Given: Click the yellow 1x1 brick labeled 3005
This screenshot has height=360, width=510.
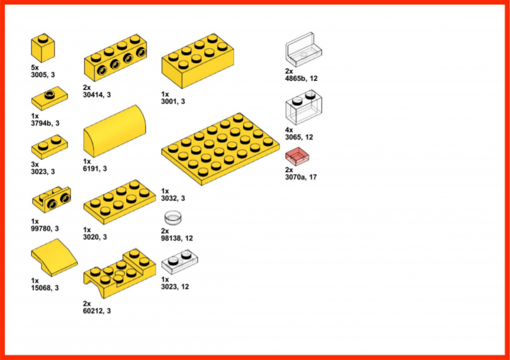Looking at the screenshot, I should [43, 48].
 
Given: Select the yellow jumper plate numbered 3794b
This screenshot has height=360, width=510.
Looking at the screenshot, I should [49, 100].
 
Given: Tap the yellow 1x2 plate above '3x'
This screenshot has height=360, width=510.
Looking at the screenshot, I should [49, 148].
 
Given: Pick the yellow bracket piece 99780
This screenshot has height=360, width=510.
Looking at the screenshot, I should [51, 200].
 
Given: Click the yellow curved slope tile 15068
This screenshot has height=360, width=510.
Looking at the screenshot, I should [54, 259].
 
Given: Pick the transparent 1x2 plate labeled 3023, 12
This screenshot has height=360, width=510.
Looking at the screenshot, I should [180, 261].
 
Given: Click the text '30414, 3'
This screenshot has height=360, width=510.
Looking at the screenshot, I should [97, 94].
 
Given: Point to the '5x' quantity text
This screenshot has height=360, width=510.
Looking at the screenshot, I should [36, 68].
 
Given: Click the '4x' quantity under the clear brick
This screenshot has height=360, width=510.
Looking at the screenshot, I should [289, 130].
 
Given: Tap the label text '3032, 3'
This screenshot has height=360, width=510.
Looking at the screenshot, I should [173, 198].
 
